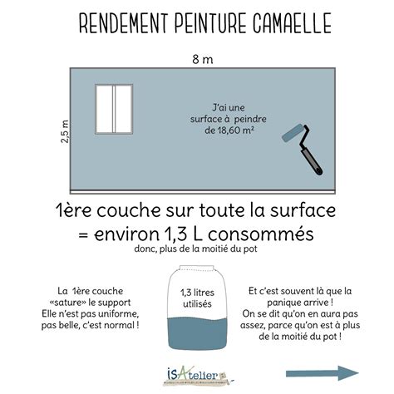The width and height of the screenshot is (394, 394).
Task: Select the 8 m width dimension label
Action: coord(197,58)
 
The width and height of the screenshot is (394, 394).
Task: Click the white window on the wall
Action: coord(113,111)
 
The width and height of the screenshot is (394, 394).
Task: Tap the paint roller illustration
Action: coord(303,145)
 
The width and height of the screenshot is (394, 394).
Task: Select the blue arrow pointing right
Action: coord(323,373)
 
